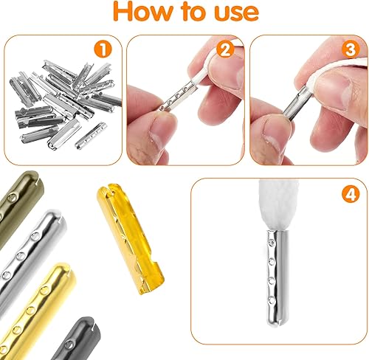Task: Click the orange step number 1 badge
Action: [x=103, y=49]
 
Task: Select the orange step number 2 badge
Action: [x=225, y=50]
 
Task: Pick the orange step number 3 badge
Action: [x=351, y=49]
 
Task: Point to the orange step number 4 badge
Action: [x=351, y=194]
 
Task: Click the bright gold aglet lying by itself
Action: [x=130, y=238]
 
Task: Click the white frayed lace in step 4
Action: [x=278, y=205]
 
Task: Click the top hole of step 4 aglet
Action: [x=272, y=243]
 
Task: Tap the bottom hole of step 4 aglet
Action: [x=272, y=300]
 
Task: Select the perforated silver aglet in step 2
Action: [x=176, y=97]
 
